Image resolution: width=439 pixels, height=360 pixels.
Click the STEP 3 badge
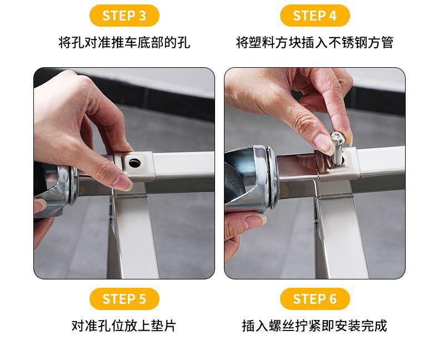click(x=124, y=16)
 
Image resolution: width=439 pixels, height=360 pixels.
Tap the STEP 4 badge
click(x=315, y=16)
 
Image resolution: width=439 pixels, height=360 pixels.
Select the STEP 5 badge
click(x=124, y=299)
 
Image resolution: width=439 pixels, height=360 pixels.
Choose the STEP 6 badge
click(x=315, y=299)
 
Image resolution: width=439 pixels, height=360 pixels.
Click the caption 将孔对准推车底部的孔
click(x=124, y=43)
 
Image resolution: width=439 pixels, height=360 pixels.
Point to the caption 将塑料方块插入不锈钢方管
click(x=315, y=43)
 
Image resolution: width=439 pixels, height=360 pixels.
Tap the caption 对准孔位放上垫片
click(x=124, y=326)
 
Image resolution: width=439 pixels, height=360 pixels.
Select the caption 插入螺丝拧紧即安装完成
click(x=315, y=326)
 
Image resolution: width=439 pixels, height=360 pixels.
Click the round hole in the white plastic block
click(x=134, y=162)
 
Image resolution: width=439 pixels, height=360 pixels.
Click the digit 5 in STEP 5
click(x=142, y=299)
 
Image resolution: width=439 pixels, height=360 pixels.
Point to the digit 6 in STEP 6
click(x=333, y=299)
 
